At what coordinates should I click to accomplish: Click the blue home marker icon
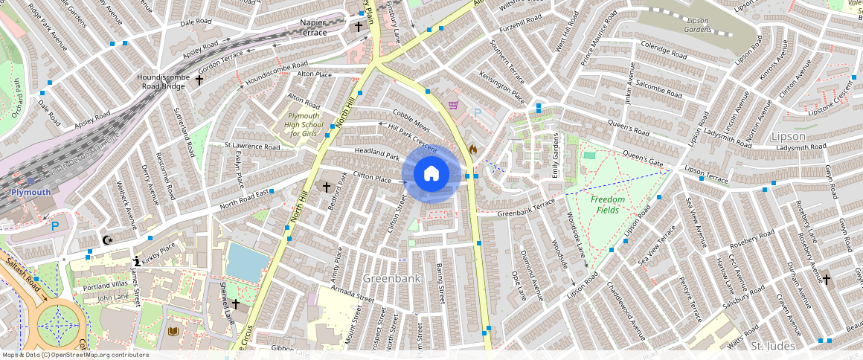[x=431, y=174]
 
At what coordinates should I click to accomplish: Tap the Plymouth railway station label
[x=31, y=192]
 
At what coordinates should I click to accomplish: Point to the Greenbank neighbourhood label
[x=392, y=278]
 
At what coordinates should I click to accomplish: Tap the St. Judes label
[x=773, y=346]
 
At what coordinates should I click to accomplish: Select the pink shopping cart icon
[x=452, y=106]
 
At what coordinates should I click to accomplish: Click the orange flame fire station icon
[x=472, y=149]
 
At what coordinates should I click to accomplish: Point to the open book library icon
[x=174, y=331]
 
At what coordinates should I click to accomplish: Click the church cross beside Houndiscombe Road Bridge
[x=199, y=79]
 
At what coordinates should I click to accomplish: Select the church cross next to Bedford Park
[x=325, y=187]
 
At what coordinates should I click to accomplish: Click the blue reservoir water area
[x=246, y=262]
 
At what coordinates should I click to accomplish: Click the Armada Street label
[x=353, y=294]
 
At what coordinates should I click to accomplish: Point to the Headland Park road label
[x=377, y=152]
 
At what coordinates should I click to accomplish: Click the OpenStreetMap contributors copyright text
[x=74, y=355]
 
